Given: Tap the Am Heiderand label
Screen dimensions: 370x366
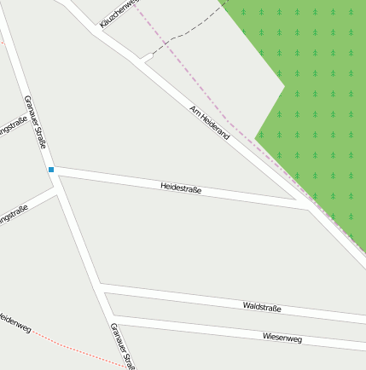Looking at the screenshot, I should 210,122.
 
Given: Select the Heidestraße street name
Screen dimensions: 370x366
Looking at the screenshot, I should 181,188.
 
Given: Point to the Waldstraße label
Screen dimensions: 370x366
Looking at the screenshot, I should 262,307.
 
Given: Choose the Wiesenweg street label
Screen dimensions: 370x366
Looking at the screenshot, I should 282,338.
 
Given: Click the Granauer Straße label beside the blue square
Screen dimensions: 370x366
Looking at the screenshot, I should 35,121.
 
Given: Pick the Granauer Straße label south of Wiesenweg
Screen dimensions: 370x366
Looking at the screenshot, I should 123,346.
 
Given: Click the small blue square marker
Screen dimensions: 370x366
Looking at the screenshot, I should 51,170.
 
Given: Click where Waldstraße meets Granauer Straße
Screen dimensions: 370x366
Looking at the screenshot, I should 100,287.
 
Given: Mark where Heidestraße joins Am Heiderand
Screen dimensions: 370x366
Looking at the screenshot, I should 310,207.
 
